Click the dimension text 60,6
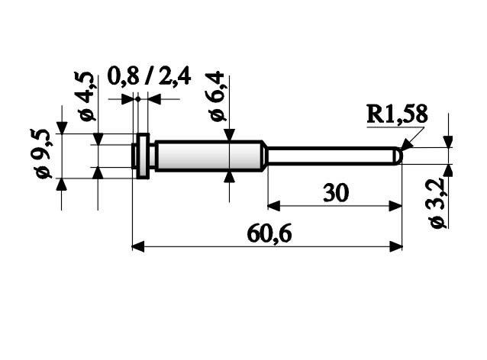(269, 234)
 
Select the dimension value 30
(336, 193)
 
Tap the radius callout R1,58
(397, 114)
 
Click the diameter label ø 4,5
(85, 96)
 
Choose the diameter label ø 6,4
(216, 96)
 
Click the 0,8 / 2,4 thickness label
(149, 76)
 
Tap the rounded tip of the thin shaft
(399, 156)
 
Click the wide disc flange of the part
(144, 156)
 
